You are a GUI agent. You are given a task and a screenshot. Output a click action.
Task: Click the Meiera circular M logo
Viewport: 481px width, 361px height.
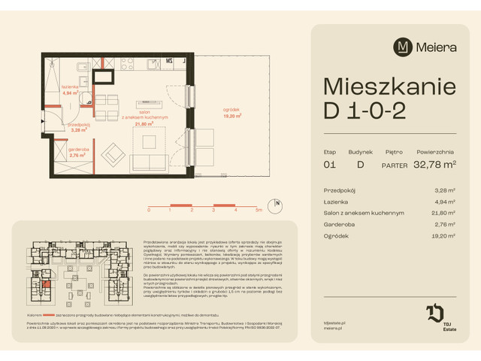[403, 47]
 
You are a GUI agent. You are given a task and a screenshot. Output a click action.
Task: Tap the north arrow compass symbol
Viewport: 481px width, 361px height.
[277, 202]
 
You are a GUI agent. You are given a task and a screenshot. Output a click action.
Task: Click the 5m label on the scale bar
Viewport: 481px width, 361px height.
[258, 211]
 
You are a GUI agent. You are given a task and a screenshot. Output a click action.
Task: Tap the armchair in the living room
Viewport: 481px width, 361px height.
[115, 155]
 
